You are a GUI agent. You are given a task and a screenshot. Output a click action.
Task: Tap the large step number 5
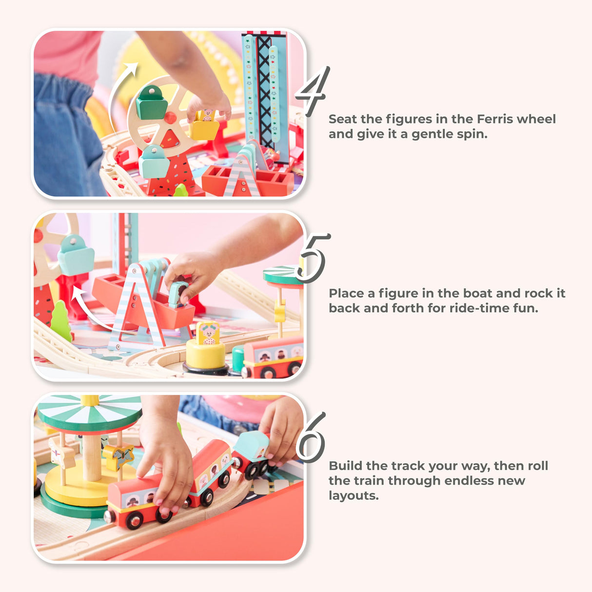point(313,258)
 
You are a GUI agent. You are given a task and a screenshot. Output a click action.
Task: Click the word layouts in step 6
point(354,495)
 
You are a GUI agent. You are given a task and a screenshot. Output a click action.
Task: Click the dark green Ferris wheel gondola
point(152,103)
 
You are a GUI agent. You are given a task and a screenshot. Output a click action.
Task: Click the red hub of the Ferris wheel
point(170,118)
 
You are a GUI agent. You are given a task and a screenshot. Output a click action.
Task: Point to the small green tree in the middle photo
point(61,320)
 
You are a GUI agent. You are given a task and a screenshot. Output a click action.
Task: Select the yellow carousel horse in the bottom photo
point(118,456)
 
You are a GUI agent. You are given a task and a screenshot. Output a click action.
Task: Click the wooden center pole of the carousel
point(92,458)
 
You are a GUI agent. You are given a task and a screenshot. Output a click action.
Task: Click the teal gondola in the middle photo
point(75,255)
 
